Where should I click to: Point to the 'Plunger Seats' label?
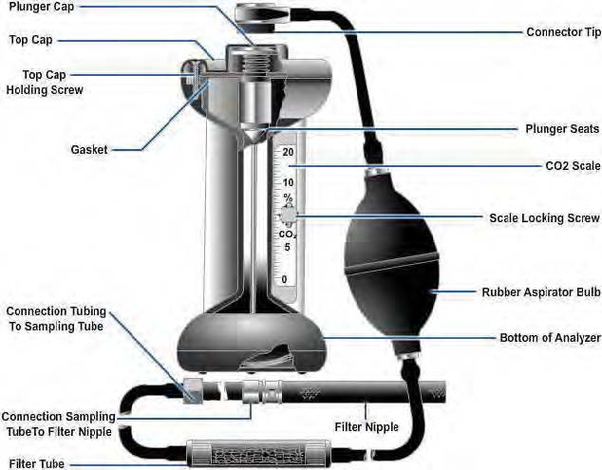coord(560,127)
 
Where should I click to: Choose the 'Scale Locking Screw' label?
coord(545,217)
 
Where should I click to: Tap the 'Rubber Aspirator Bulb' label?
coord(538,292)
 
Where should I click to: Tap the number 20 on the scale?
coord(288,152)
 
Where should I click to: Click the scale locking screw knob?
coord(288,216)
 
